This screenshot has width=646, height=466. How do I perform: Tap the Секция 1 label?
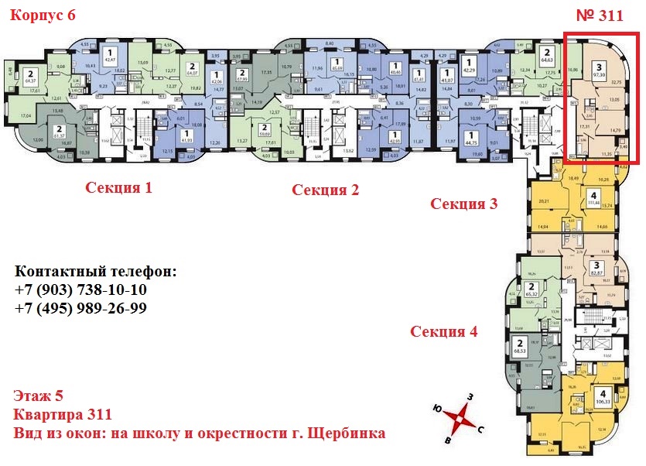pos(118,187)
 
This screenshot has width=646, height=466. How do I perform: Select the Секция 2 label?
pos(325,190)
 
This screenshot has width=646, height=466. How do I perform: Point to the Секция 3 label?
pos(464,204)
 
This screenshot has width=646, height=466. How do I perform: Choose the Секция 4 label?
pos(444,331)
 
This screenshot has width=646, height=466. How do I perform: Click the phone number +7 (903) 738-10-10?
pos(80,290)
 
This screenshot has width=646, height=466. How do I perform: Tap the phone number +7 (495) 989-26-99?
pos(80,307)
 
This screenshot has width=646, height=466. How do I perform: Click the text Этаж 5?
pos(37,398)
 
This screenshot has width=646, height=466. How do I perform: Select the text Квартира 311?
pos(63,415)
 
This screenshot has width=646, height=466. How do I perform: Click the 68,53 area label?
pos(521,352)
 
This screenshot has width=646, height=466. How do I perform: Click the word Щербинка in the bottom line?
pos(348,433)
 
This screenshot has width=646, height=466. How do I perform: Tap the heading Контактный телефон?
pos(95,272)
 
